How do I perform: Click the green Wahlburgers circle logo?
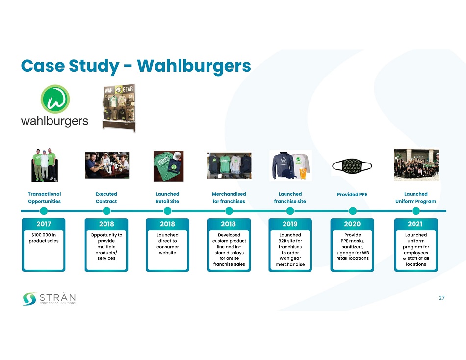55,99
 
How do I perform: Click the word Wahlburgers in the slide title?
194,66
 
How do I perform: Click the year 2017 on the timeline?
43,224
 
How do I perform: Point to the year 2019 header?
290,224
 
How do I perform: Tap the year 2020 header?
352,224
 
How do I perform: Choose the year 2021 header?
416,224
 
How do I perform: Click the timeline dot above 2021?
416,211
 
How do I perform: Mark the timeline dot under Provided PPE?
352,211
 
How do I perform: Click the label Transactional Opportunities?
45,198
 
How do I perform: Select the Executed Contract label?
106,198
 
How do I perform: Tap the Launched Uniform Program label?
416,198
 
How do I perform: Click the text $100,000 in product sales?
43,238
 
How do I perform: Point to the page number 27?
441,298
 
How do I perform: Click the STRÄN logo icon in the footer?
29,298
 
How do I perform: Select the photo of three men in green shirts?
44,165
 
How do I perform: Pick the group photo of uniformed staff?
416,165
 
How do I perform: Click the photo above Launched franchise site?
290,166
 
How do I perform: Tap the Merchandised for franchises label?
229,198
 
